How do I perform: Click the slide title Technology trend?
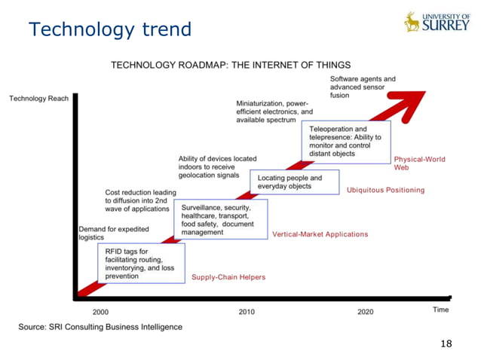tap(110, 29)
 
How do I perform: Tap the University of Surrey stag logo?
tap(412, 22)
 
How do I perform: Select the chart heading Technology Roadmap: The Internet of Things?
tap(231, 65)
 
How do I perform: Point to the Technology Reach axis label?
tap(38, 99)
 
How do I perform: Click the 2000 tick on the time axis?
tap(100, 311)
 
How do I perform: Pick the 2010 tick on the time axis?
tap(247, 311)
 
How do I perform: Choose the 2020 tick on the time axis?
tap(365, 311)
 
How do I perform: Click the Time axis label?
tap(441, 310)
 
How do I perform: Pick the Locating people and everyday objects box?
tap(294, 182)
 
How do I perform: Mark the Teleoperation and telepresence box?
tap(348, 142)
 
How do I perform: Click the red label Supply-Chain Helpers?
tap(228, 278)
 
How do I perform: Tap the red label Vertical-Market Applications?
tap(320, 234)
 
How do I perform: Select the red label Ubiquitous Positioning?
tap(385, 190)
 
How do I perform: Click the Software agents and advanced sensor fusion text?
tap(363, 87)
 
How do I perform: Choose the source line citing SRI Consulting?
tap(100, 327)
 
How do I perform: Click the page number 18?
tap(446, 343)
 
